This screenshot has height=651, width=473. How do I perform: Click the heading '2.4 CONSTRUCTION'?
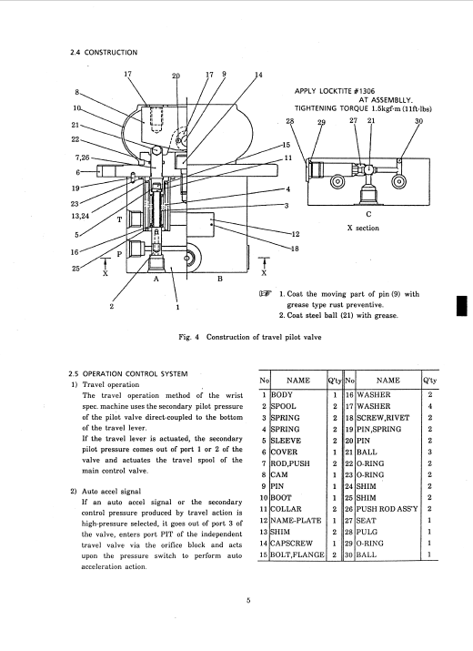104,52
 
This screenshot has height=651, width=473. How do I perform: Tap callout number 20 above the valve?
176,76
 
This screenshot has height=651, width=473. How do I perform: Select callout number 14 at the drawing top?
258,75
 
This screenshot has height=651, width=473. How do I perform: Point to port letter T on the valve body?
119,219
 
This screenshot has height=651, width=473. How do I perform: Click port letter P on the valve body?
119,254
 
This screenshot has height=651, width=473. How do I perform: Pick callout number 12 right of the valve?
295,234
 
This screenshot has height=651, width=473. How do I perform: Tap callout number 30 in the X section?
418,121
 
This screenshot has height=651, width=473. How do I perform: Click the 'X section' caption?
363,228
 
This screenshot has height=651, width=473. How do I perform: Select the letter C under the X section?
368,214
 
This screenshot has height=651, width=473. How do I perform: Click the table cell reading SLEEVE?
286,441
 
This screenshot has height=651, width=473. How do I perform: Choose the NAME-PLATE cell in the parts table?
296,520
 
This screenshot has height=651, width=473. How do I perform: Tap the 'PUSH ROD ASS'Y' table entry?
387,509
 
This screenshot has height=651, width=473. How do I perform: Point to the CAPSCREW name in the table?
291,543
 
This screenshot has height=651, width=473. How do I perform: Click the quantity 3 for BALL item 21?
430,452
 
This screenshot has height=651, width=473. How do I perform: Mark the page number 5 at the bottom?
248,600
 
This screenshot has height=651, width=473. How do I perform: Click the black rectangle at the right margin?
461,306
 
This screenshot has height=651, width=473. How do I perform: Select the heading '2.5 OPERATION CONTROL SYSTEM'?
128,373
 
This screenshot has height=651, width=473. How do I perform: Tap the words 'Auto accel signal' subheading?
111,491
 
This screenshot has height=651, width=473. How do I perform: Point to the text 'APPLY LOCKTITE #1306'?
335,91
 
